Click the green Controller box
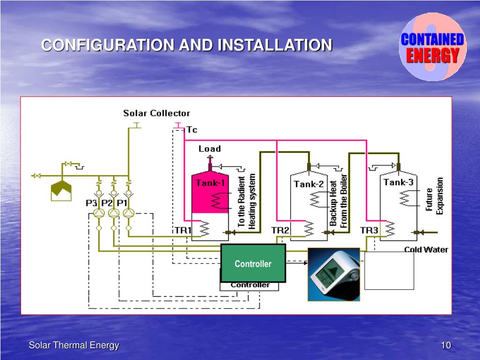pos(253,263)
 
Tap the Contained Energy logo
pos(432,47)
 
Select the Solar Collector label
pos(157,113)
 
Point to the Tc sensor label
pos(192,130)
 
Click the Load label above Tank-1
pos(210,149)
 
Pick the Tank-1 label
pos(210,183)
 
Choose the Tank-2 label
pos(308,184)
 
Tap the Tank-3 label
pos(398,182)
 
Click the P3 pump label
pos(91,203)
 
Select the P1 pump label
pos(122,203)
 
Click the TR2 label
pos(280,230)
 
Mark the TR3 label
pos(369,230)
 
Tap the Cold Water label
pos(426,250)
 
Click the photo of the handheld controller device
pos(334,274)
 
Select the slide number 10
pos(445,345)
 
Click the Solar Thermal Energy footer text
pos(74,345)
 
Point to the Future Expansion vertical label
pos(434,196)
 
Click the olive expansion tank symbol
pos(61,190)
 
